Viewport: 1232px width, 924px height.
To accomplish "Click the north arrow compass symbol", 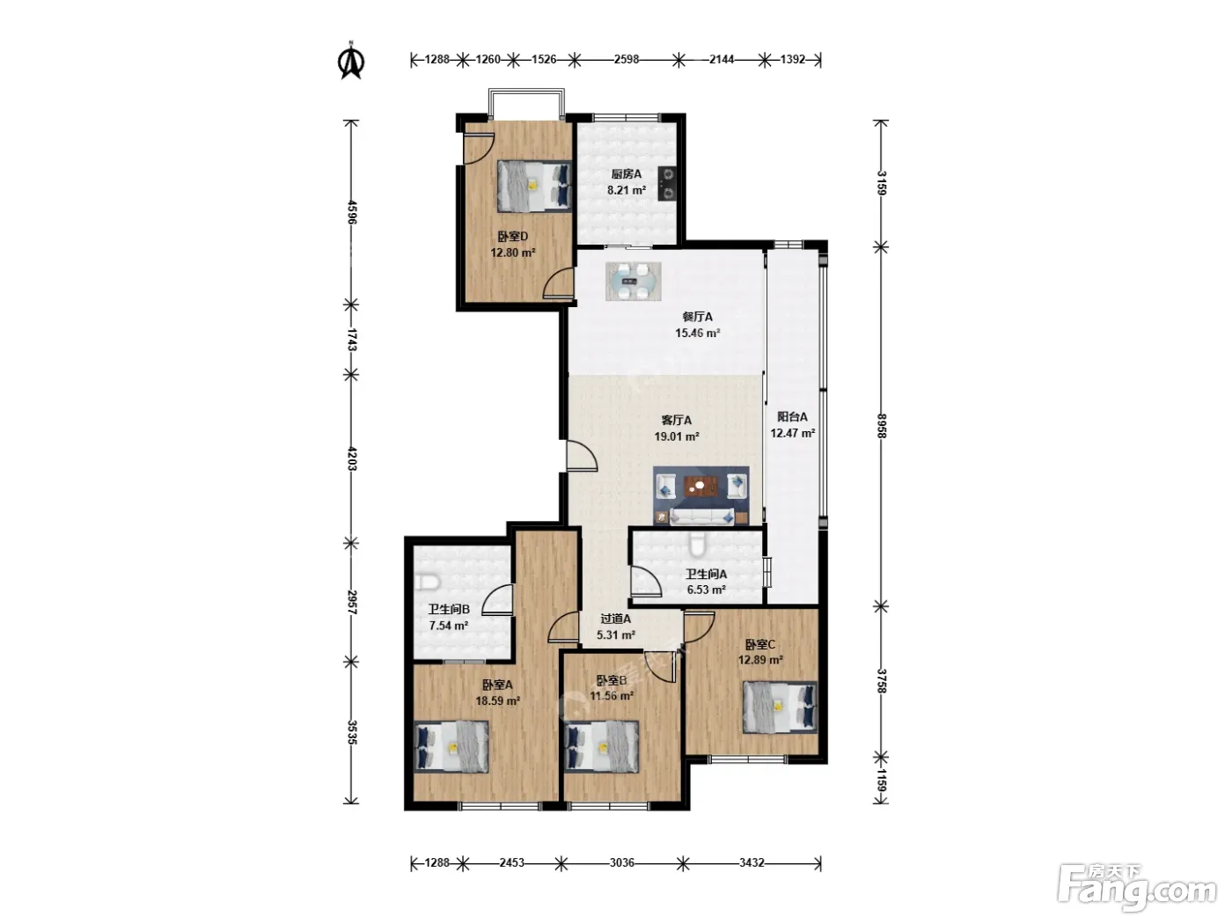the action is tap(351, 61).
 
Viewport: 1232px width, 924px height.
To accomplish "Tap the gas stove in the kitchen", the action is tap(667, 184).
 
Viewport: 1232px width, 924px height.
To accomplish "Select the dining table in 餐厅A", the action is tap(633, 281).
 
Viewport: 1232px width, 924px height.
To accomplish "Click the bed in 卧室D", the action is tap(534, 186).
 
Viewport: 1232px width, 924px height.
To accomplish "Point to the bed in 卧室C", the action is tap(780, 707).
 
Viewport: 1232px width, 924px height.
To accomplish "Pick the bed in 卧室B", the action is tap(602, 747).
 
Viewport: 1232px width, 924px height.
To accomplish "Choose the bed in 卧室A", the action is tap(451, 747).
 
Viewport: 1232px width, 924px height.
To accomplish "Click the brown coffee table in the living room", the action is tap(700, 486).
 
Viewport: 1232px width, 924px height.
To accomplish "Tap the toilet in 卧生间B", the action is tap(428, 582).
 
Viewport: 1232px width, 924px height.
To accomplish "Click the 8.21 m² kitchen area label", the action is tap(627, 190).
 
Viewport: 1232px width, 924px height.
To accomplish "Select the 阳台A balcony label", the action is tap(793, 417).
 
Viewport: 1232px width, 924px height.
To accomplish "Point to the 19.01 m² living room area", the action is tap(677, 436).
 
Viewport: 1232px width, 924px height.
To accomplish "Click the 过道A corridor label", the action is tap(616, 619).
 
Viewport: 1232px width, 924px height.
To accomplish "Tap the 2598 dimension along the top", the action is tap(627, 60).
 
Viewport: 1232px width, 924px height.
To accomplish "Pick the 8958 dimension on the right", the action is tap(881, 426).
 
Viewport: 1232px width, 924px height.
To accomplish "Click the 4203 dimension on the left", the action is tap(352, 458).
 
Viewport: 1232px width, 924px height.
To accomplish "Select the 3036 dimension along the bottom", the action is tap(622, 863).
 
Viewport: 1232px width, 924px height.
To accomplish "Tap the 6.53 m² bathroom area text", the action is tap(706, 590).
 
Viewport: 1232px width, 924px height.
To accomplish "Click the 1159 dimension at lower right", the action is tap(881, 781).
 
